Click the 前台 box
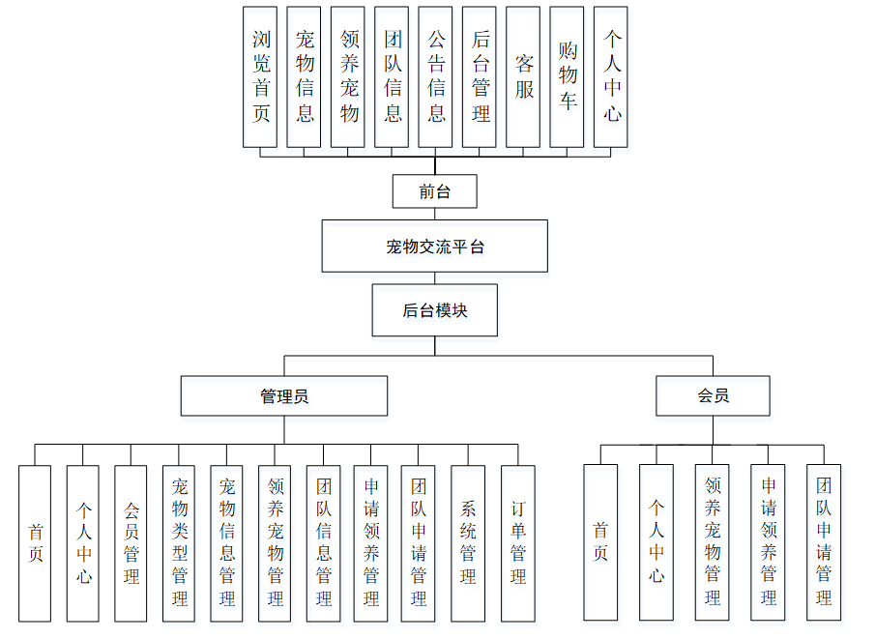coord(435,191)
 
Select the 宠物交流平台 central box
coord(435,247)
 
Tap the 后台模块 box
coord(435,310)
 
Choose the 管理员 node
coord(284,396)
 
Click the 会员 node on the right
coord(713,396)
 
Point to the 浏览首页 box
coord(261,77)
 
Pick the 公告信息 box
coord(436,77)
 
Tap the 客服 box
coord(523,77)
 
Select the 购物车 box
coord(568,77)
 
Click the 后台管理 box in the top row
coord(481,77)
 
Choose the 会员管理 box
coord(131,543)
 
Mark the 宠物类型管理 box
coord(179,543)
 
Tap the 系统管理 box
coord(468,543)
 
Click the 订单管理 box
coord(517,543)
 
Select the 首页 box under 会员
coord(600,543)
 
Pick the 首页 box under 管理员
coord(35,543)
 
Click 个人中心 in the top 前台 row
coord(611,77)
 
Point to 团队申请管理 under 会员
coord(824,543)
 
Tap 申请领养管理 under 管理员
coord(371,543)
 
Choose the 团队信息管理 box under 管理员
coord(323,543)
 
